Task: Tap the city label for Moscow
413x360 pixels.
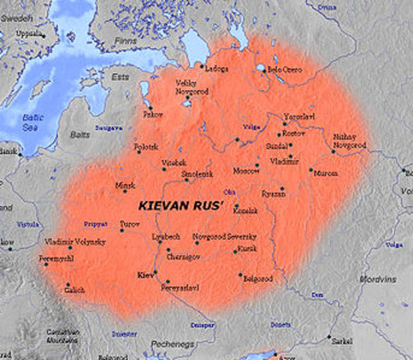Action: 245,170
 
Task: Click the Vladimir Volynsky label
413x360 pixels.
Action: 75,241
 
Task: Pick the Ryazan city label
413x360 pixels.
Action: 274,193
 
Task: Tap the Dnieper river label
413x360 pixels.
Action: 204,326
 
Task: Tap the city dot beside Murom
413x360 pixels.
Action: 310,171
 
